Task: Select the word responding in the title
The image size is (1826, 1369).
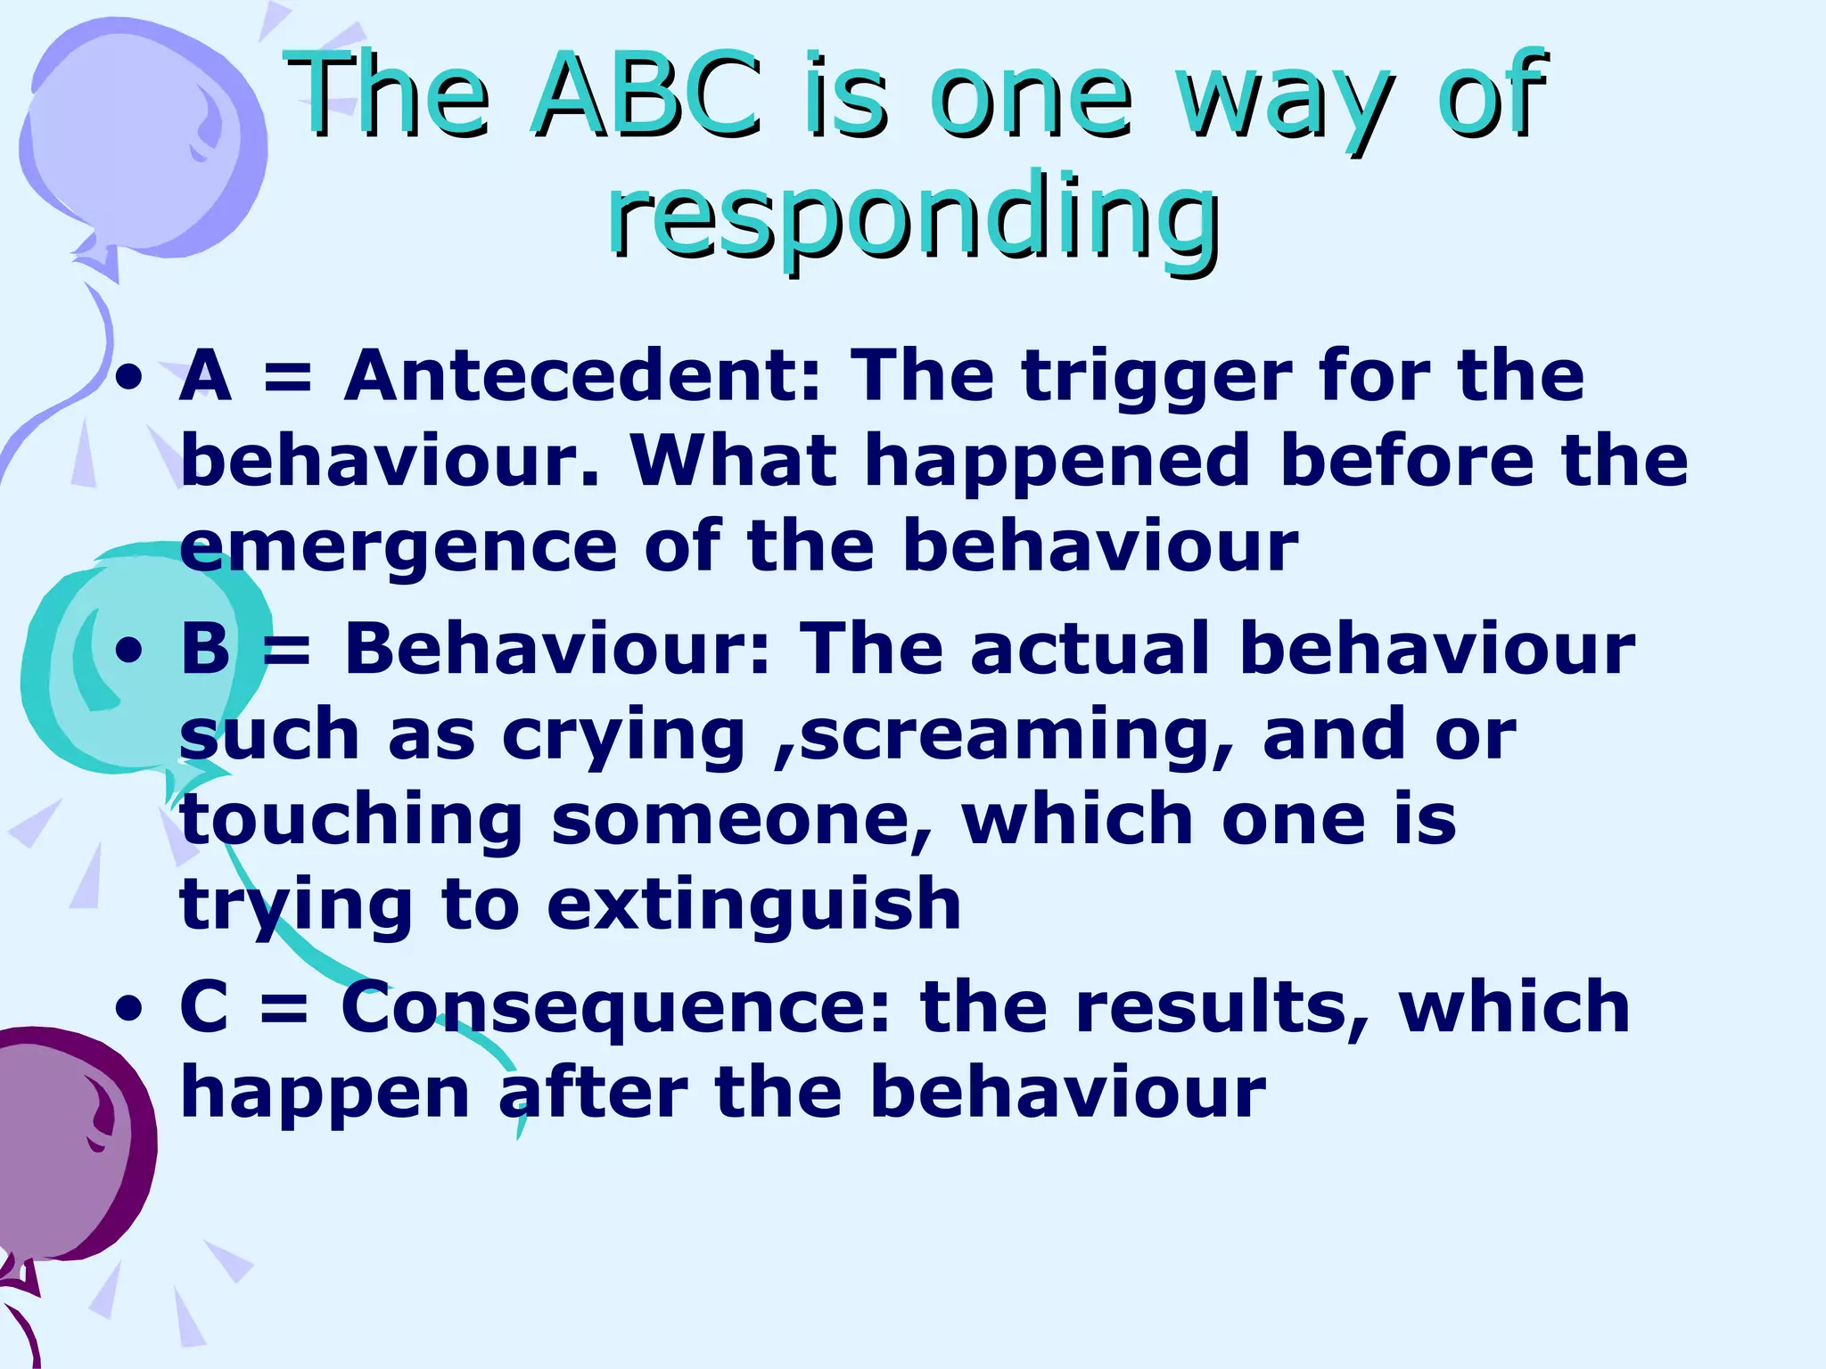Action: click(x=913, y=214)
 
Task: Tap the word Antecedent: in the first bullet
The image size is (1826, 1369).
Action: click(x=581, y=375)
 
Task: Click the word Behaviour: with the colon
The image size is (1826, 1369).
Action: click(x=556, y=648)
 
